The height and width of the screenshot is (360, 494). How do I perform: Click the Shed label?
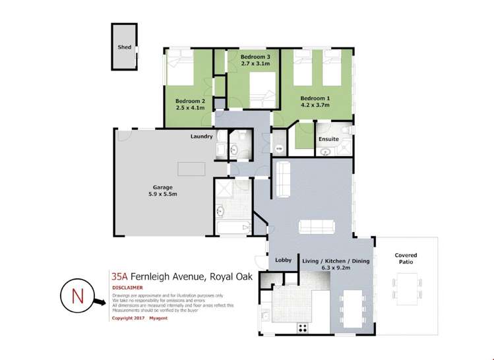click(124, 47)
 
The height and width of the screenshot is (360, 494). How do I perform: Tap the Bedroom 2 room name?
click(190, 101)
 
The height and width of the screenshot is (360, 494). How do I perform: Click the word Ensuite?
click(328, 139)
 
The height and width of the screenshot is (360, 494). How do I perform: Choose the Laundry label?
click(201, 136)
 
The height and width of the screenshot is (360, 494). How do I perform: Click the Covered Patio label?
click(406, 259)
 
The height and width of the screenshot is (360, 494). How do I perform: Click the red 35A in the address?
click(119, 276)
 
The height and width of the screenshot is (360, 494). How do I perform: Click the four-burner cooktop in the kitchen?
click(305, 328)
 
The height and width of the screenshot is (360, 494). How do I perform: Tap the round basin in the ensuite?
click(324, 152)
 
